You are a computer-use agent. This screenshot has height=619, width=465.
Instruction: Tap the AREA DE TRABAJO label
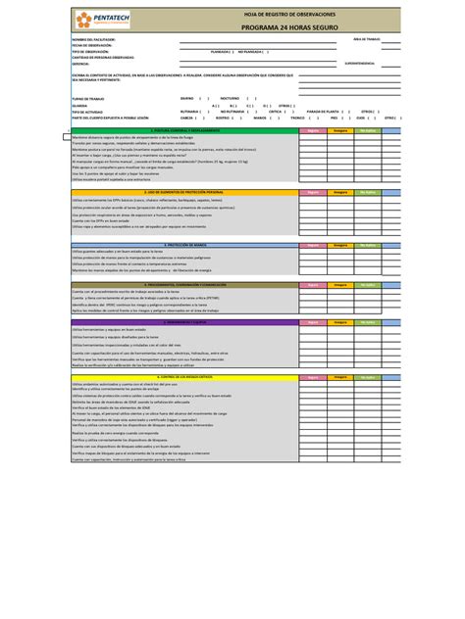tap(366, 38)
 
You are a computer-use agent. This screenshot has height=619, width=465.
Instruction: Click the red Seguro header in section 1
tap(312, 129)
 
